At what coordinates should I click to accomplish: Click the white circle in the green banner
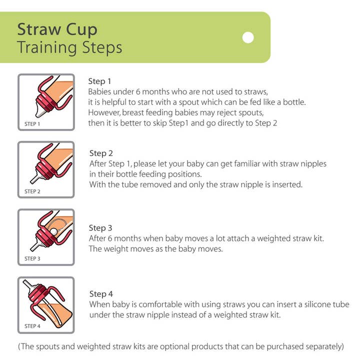[248, 37]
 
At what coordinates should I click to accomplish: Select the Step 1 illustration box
[46, 102]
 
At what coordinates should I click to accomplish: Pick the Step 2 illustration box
[46, 169]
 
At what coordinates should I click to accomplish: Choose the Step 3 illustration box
[46, 237]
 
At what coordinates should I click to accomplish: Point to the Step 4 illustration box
[46, 305]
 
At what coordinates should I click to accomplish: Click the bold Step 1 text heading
[100, 81]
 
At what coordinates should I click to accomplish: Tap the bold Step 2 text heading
[101, 153]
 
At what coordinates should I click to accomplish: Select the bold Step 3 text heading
[101, 228]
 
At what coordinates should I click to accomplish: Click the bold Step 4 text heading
[101, 293]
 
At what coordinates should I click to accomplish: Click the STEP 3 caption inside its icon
[32, 258]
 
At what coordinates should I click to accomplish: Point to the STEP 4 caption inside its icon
[32, 326]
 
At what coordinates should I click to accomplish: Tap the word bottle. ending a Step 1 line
[293, 102]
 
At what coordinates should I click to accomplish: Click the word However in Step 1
[104, 112]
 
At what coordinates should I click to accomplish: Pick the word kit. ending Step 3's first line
[317, 238]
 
